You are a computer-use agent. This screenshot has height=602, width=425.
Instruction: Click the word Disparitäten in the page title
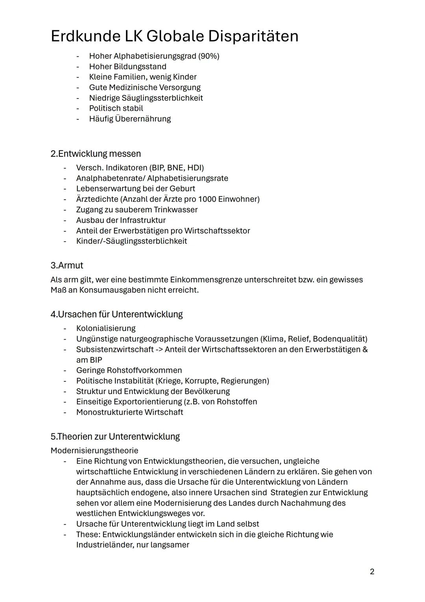pos(253,36)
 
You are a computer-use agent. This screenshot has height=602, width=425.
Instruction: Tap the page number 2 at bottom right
pos(372,571)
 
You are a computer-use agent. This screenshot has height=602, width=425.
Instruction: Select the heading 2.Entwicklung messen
pos(96,154)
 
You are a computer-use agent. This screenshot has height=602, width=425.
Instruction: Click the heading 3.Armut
pos(67,265)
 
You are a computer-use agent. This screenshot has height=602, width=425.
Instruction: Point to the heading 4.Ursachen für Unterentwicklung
pos(116,314)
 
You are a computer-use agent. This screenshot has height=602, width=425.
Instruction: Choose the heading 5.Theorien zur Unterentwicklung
pos(115,437)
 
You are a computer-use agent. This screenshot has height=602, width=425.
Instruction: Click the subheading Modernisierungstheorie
pos(94,450)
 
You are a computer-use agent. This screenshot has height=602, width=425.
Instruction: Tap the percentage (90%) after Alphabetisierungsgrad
pos(209,56)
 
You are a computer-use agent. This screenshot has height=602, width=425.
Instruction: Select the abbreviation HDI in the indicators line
pos(196,168)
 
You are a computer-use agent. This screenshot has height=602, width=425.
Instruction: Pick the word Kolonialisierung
pos(106,328)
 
